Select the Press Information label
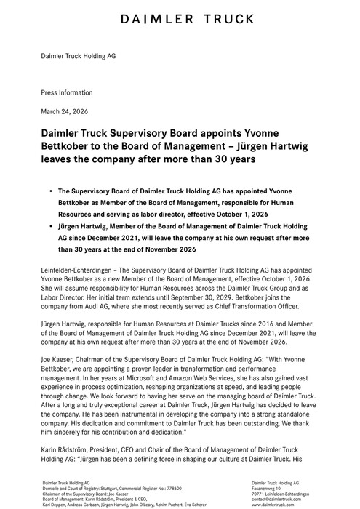tap(66, 93)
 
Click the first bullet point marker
tap(51, 189)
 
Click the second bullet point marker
tap(51, 227)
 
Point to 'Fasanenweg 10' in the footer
tap(267, 487)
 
